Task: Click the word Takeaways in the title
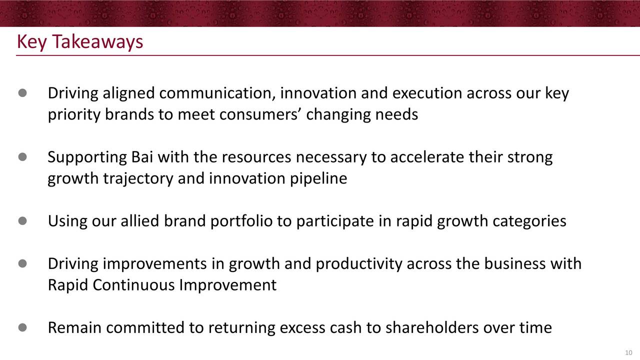[97, 41]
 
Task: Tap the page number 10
[628, 353]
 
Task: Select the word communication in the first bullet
[217, 93]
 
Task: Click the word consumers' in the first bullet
[260, 115]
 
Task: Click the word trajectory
[138, 179]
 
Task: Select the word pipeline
[318, 179]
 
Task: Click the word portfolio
[241, 221]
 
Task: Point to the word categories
[530, 221]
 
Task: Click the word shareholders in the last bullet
[432, 327]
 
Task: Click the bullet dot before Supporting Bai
[22, 157]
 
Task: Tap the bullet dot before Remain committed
[22, 327]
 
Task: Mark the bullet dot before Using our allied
[22, 221]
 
